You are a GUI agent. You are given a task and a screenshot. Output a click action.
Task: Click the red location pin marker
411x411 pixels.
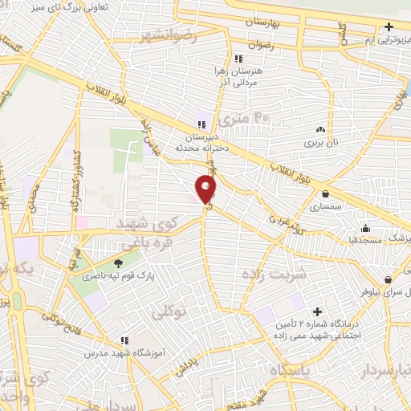click(206, 189)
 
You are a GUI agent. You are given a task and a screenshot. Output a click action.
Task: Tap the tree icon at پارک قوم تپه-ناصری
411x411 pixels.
click(119, 263)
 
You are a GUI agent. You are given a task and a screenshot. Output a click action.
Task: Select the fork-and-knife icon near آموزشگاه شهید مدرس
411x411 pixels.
click(124, 340)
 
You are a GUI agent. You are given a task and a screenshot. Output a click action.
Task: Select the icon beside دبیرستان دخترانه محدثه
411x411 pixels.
click(201, 124)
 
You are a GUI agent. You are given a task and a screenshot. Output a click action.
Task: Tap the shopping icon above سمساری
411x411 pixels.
click(325, 193)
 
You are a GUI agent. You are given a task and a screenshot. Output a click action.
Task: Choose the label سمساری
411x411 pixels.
click(325, 206)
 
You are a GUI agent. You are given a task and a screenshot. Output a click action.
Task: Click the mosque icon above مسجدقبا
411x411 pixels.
click(365, 228)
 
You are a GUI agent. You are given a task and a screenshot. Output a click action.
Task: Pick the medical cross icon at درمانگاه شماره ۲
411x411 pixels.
click(317, 311)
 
